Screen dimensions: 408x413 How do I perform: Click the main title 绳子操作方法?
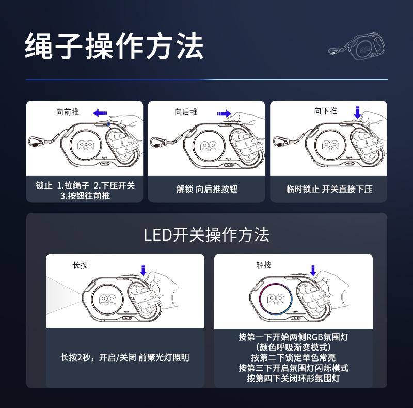tap(114, 47)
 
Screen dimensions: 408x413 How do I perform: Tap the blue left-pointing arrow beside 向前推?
tap(100, 112)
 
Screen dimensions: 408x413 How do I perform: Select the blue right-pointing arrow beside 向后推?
tap(224, 113)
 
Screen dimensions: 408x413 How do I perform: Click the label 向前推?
tap(68, 112)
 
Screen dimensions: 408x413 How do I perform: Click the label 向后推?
tap(186, 112)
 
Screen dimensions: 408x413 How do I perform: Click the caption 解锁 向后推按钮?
tap(207, 190)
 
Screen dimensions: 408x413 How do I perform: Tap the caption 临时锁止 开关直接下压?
tap(329, 190)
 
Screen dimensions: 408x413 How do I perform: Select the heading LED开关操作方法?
tap(206, 236)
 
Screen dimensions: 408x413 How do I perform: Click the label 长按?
tap(80, 265)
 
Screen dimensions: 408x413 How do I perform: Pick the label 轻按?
tap(264, 265)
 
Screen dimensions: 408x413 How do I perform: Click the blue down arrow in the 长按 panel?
tap(143, 269)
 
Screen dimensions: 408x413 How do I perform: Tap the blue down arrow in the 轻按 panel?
tap(313, 269)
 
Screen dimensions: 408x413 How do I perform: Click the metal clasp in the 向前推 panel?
tap(36, 142)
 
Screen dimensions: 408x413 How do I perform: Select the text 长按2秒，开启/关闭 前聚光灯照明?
tap(125, 357)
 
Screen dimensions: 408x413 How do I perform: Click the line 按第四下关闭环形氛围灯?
tap(293, 379)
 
